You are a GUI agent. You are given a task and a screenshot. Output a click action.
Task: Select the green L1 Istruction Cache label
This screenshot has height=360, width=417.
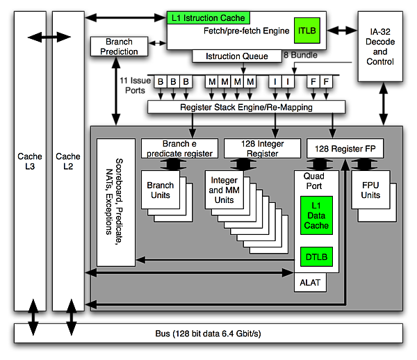(208, 17)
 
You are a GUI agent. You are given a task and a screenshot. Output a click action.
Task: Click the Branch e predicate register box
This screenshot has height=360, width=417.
(179, 148)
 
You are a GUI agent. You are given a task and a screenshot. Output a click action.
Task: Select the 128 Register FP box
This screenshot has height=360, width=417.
(345, 148)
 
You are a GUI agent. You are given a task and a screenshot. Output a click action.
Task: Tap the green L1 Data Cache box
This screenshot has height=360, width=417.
(316, 215)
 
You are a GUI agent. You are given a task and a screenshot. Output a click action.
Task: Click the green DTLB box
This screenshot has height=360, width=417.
(316, 258)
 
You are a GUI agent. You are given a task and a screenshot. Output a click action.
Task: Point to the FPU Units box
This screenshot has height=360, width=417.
(370, 190)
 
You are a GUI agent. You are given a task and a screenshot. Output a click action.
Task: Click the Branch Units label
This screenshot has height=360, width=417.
(161, 190)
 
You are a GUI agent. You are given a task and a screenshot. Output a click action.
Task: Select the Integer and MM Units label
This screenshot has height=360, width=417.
(224, 190)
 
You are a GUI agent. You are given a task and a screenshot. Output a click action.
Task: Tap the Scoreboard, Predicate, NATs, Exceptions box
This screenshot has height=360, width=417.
(115, 202)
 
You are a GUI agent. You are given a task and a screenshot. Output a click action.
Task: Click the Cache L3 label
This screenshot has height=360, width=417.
(30, 161)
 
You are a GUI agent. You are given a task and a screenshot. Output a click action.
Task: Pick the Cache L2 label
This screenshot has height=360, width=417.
(68, 161)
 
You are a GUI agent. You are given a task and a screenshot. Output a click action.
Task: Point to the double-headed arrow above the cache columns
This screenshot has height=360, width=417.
(49, 35)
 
